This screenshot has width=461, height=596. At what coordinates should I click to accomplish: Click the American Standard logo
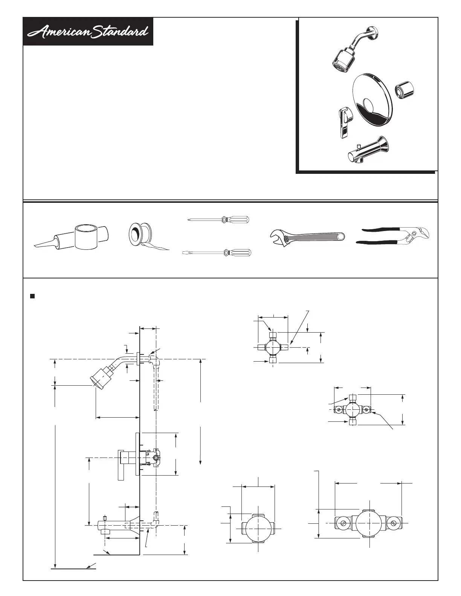click(88, 32)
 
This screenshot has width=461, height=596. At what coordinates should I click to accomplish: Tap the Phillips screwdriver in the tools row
click(218, 219)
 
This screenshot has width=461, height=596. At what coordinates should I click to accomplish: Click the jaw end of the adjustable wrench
click(278, 238)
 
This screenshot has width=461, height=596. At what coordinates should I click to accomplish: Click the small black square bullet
click(32, 296)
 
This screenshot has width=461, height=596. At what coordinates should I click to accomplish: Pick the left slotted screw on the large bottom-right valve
click(343, 523)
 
